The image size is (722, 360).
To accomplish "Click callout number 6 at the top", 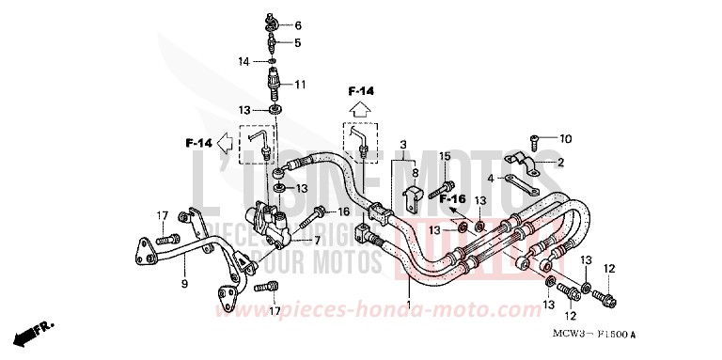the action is [298, 25].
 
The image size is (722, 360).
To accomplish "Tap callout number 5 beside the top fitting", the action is [298, 42].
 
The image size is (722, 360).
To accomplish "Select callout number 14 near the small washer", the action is [243, 62].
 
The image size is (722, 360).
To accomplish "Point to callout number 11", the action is [301, 85].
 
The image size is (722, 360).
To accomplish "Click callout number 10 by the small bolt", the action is [565, 140].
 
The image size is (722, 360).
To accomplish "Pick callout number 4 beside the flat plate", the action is [543, 179].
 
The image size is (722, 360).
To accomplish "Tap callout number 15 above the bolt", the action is [446, 156].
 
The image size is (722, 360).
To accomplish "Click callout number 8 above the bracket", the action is [415, 174].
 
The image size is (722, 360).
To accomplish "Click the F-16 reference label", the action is [454, 199].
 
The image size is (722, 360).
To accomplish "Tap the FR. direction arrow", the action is [27, 336].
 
